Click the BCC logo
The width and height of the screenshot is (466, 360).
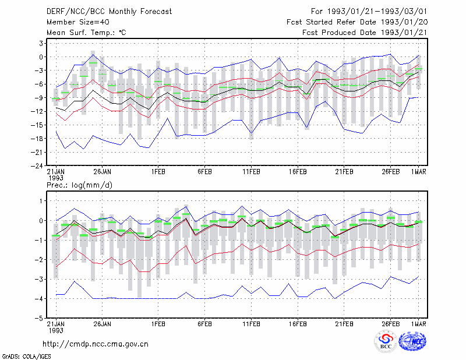386,342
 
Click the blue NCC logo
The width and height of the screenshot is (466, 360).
412,341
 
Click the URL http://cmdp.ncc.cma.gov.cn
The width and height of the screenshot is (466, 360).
96,344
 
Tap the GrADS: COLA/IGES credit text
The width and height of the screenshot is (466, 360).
26,357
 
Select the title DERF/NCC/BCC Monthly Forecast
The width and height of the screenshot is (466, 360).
109,12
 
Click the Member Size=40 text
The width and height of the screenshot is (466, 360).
78,22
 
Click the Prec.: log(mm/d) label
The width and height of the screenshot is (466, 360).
79,185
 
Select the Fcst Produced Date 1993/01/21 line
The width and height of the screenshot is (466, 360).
365,33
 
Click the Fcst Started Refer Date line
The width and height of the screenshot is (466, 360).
357,22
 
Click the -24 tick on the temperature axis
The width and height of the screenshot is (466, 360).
37,165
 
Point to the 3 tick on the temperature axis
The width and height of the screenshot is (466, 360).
41,44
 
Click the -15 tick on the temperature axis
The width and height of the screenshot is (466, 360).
37,125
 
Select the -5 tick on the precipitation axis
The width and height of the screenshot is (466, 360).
39,318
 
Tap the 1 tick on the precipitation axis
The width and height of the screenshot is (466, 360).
41,201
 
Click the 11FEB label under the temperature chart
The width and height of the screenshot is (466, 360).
252,172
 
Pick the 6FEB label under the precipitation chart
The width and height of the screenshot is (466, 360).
205,324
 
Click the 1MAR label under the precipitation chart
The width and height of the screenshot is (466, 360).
418,324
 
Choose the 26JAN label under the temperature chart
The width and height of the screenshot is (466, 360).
103,172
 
